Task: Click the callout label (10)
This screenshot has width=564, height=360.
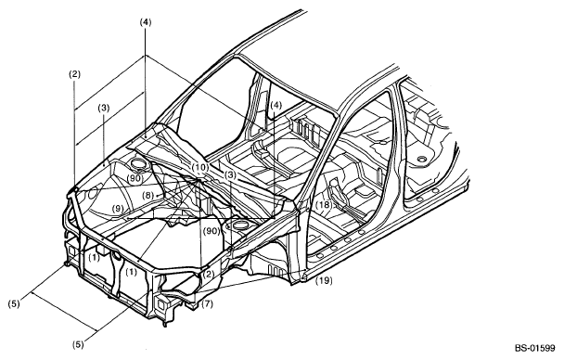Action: [x=200, y=167]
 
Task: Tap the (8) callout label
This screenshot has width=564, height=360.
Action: [x=147, y=195]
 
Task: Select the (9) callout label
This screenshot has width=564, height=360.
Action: [x=117, y=208]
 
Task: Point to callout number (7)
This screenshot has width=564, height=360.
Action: [x=207, y=304]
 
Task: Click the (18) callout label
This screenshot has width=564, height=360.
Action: [x=324, y=205]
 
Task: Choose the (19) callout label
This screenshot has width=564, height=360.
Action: [x=324, y=280]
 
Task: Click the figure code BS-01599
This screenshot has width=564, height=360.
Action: [x=534, y=348]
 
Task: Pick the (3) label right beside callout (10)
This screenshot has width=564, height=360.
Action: [x=230, y=175]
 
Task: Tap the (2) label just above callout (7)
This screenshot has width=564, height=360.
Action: [x=209, y=275]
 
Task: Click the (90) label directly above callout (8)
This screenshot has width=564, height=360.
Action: [x=135, y=177]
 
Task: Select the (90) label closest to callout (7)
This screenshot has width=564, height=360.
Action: [x=211, y=231]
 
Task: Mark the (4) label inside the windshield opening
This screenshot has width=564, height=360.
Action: [x=276, y=106]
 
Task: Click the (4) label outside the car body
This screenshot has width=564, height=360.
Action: [x=146, y=22]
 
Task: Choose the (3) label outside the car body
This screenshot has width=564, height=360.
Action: [x=103, y=108]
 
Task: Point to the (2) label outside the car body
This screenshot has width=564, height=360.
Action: [x=74, y=75]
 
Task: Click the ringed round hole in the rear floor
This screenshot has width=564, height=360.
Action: [x=421, y=159]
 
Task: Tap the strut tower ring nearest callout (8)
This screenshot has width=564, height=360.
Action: [x=138, y=164]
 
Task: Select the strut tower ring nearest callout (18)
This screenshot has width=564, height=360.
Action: [x=237, y=226]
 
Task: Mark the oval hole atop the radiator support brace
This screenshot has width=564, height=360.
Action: [x=117, y=256]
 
